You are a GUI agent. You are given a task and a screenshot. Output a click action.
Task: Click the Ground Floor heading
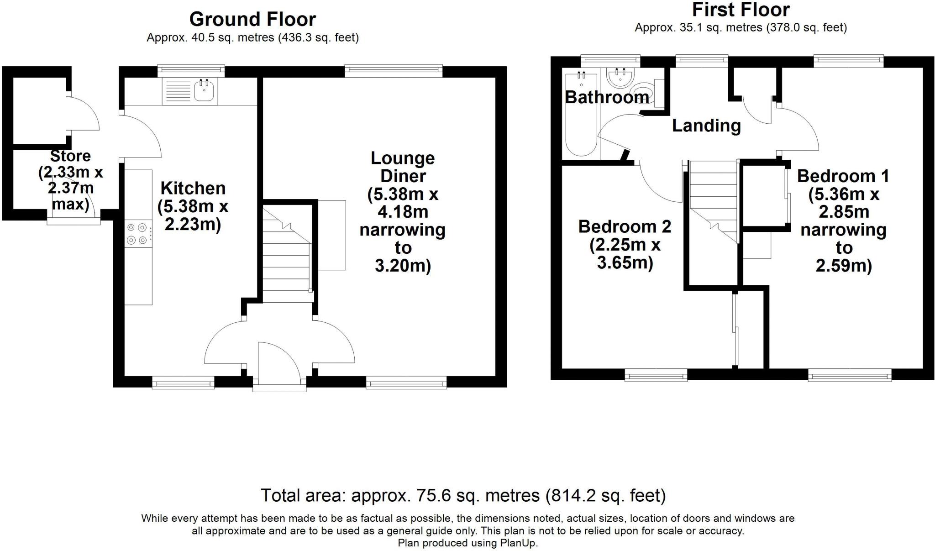tap(252, 20)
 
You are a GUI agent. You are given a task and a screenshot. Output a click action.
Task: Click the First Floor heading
tap(741, 10)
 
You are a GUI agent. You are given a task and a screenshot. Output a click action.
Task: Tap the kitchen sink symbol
tap(204, 90)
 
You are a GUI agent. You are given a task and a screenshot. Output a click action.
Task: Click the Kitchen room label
tap(193, 189)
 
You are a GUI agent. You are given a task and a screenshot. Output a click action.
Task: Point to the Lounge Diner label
tap(403, 167)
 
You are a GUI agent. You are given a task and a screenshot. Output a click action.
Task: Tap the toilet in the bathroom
tap(644, 95)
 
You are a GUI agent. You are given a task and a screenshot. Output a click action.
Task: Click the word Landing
tap(706, 126)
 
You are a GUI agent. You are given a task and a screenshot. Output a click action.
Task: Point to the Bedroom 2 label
tap(625, 226)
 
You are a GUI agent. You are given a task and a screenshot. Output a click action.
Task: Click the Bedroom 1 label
tap(843, 176)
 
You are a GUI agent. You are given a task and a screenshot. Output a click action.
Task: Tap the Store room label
tap(70, 156)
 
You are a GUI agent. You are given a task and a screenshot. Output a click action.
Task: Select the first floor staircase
tap(713, 201)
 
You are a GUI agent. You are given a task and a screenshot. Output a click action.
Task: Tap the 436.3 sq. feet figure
tap(318, 38)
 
